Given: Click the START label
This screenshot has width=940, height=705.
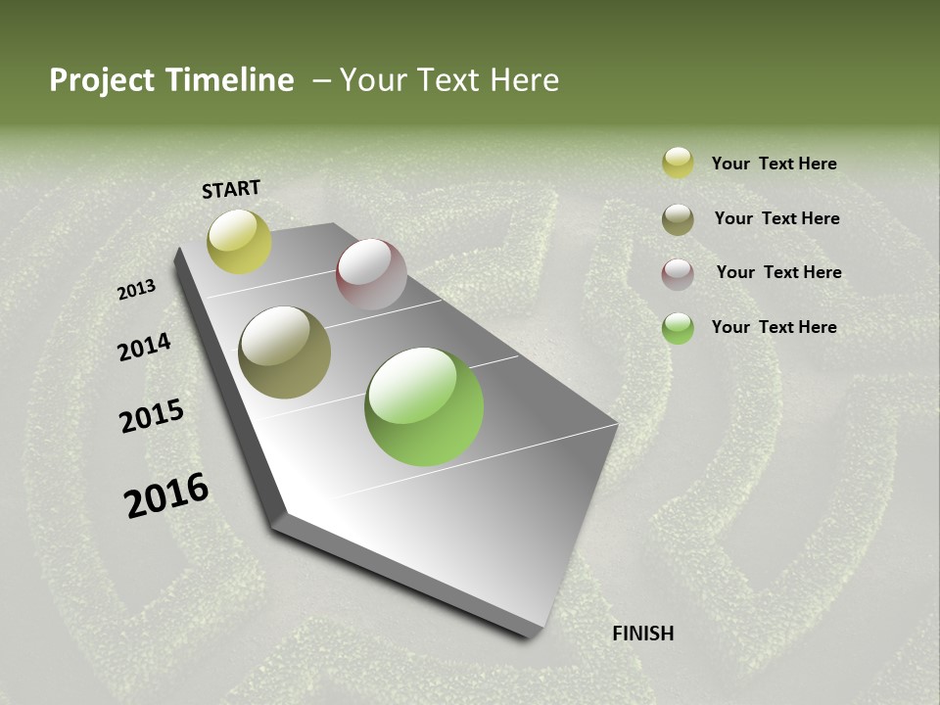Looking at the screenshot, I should [231, 189].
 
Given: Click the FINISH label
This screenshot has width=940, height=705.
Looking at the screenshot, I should [642, 634].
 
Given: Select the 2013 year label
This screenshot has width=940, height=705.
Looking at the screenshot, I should [137, 290].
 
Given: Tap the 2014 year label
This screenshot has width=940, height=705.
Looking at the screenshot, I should [145, 347].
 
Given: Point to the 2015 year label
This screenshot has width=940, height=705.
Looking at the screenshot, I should [152, 416].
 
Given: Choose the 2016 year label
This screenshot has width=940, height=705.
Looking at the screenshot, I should [166, 495].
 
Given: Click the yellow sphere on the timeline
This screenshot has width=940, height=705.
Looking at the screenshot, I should [239, 241].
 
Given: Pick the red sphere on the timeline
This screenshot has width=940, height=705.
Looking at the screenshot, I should [371, 274].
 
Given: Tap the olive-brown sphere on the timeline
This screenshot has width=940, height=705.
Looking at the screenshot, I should [284, 352].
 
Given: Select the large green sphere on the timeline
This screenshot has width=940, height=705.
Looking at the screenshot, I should [424, 406].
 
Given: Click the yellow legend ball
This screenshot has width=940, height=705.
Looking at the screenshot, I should [678, 163].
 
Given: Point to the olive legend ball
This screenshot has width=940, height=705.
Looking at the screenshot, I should [678, 219].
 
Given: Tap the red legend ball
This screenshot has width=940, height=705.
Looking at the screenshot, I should [678, 274].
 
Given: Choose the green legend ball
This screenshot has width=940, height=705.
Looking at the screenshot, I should [678, 328].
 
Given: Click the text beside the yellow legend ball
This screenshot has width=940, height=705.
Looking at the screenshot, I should [774, 164].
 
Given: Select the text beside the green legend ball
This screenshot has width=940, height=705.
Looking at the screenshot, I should [774, 327].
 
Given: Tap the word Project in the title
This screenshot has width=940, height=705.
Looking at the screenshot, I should [102, 80].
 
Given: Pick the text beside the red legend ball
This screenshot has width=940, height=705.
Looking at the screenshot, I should [778, 272].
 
